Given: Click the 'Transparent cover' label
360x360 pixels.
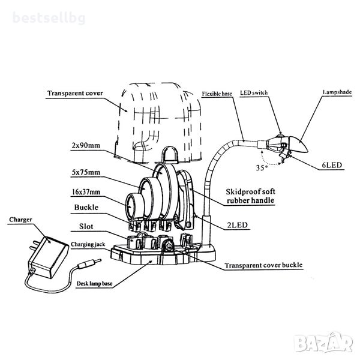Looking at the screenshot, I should click(x=74, y=94).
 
